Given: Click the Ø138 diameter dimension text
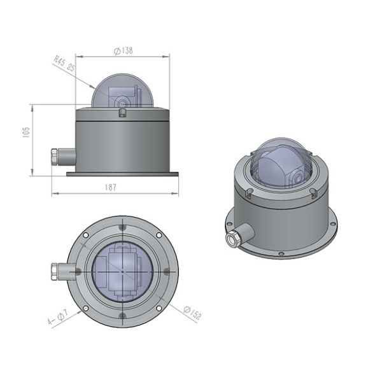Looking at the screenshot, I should (x=122, y=51).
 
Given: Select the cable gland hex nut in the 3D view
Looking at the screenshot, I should (x=232, y=238).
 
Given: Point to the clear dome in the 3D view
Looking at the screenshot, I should (x=280, y=164).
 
